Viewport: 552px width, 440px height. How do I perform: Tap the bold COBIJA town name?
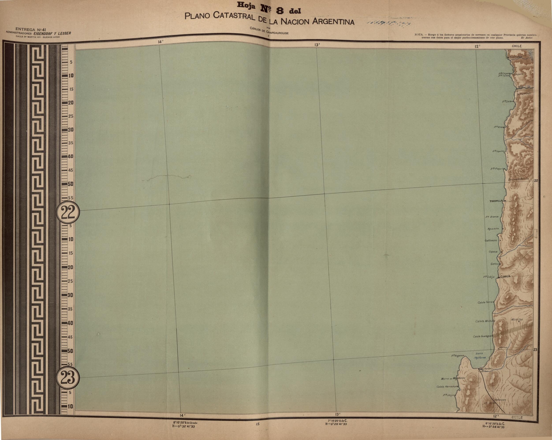click(x=505, y=276)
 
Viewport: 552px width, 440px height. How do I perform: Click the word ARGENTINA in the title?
click(x=333, y=21)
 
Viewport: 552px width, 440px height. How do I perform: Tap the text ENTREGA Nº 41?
click(x=30, y=29)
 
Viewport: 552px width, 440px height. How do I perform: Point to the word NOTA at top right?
click(x=419, y=35)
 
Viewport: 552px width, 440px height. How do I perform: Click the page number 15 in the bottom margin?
click(x=257, y=424)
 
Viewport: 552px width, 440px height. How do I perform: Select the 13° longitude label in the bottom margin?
click(x=337, y=414)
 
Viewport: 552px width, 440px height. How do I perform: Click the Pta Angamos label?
click(x=457, y=356)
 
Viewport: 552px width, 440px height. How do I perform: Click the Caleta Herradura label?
click(x=447, y=386)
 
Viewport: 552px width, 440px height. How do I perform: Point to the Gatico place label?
click(x=494, y=264)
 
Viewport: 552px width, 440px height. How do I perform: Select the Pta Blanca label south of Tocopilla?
click(x=492, y=217)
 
